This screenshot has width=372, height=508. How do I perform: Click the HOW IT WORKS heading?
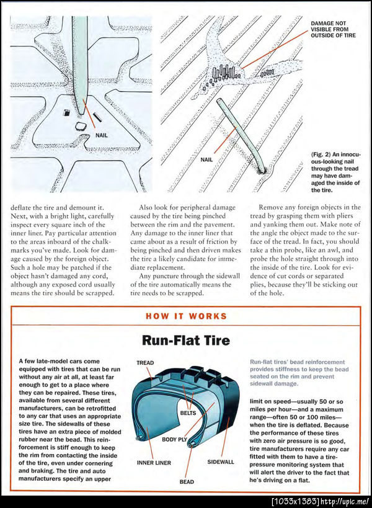[186, 316]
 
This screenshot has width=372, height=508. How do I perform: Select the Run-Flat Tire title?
[186, 340]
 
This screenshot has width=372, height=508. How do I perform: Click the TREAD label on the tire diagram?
[145, 363]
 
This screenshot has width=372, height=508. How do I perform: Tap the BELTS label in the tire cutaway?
[189, 412]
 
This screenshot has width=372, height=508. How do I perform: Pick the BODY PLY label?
[174, 439]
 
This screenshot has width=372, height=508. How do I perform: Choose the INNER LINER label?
[154, 463]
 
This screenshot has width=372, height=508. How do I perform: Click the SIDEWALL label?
[221, 462]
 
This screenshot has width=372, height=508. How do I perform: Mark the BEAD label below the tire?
[187, 481]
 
